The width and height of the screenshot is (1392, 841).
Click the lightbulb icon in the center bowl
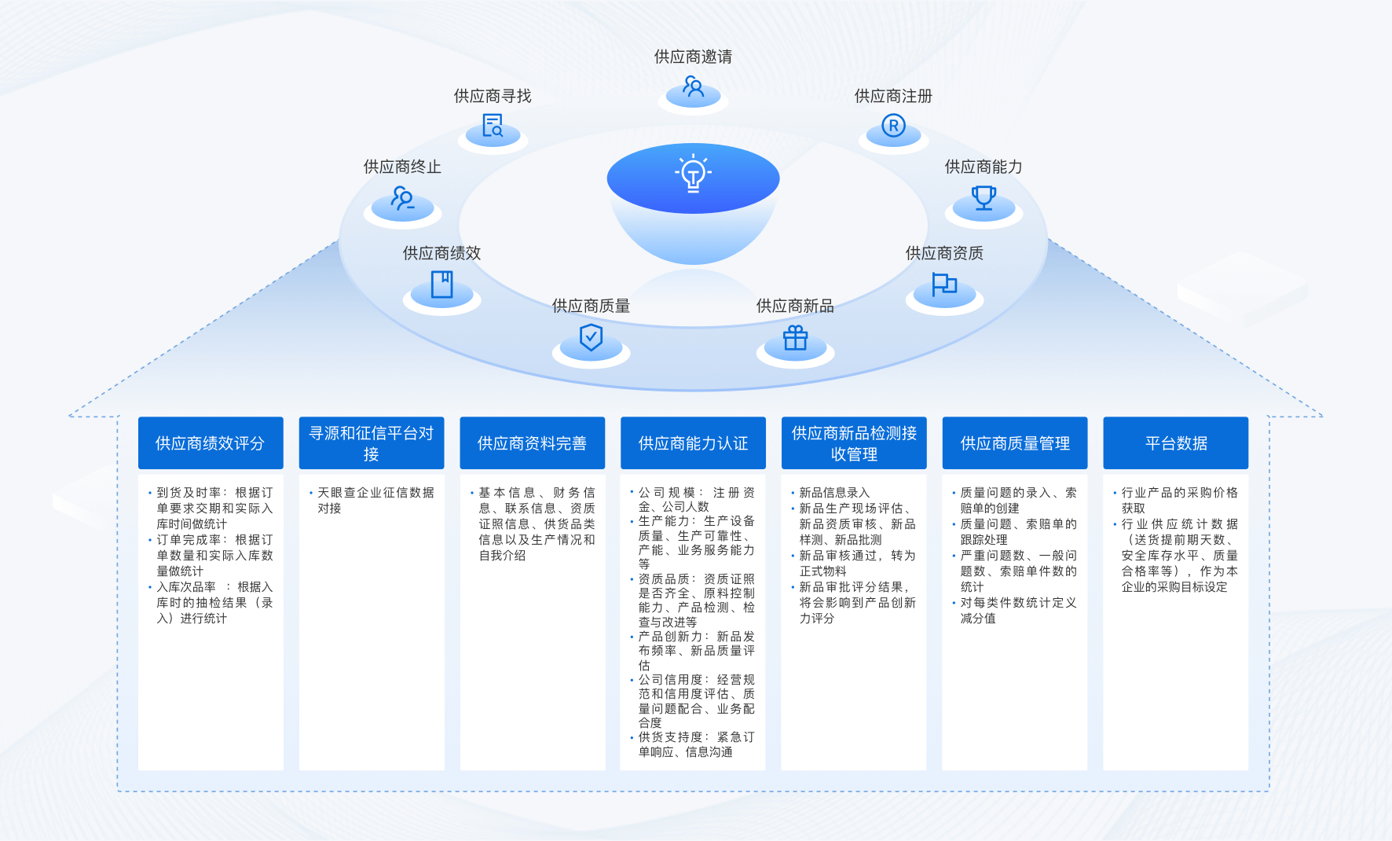pos(693,174)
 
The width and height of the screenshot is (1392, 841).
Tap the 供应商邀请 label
pos(693,57)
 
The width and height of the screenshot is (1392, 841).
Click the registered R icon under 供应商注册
pos(893,126)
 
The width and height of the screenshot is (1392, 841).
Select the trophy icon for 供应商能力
pos(984,196)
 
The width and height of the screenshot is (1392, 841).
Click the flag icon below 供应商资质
pos(944,284)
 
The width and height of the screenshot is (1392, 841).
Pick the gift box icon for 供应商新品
pos(795,338)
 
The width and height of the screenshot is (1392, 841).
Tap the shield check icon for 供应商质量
pos(591,338)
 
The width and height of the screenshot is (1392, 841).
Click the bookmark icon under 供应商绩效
pos(441,284)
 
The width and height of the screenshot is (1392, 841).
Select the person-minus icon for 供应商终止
pos(402,197)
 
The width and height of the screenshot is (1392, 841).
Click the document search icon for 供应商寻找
pos(493,126)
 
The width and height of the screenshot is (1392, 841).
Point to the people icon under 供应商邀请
pos(693,86)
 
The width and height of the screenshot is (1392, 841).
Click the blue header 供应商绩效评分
pos(211,443)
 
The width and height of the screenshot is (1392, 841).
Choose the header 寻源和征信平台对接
pos(372,443)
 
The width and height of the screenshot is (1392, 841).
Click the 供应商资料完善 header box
pos(533,443)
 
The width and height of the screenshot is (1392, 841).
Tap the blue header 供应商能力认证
pos(693,443)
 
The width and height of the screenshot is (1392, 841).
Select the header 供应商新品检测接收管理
pos(854,443)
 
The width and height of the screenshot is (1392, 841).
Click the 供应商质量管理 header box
pos(1015,443)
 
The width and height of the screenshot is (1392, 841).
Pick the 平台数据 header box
pos(1176,443)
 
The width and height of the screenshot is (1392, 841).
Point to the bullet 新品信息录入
pos(834,493)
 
